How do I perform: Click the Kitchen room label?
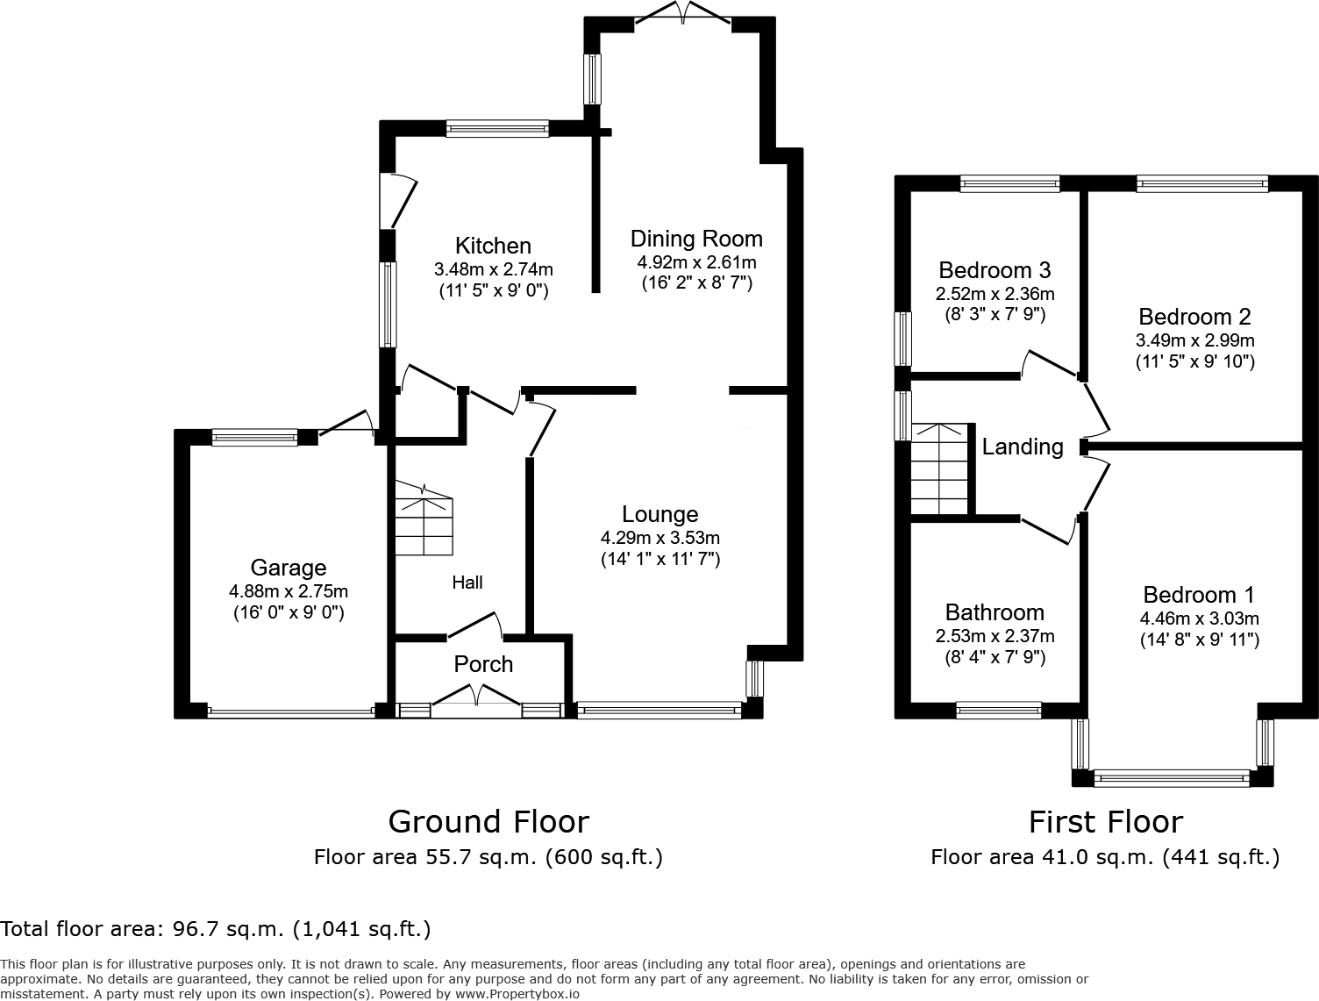493,246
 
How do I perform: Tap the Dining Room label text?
696,239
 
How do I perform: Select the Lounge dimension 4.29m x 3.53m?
659,538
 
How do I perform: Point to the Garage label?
288,568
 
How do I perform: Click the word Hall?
467,583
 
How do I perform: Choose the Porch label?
483,664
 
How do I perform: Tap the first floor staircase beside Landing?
940,469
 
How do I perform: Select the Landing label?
1023,447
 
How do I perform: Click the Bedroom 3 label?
995,270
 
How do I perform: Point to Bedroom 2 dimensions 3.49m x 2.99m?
1194,340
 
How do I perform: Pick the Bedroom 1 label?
1199,595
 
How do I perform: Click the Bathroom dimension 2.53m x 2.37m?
995,636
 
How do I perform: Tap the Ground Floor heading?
488,822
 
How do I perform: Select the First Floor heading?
1105,822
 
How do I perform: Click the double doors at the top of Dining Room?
682,13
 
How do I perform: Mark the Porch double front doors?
477,699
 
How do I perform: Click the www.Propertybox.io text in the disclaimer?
517,994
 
